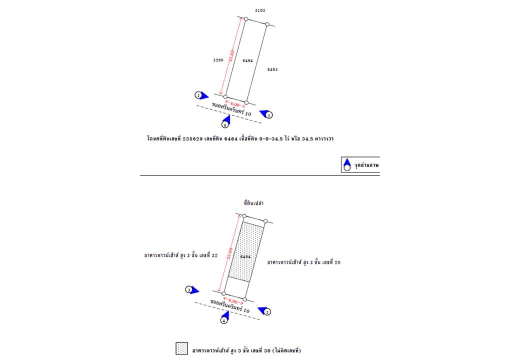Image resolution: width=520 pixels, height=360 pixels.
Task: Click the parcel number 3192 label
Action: [x=259, y=10]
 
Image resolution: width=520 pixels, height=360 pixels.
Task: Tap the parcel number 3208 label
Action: [x=218, y=59]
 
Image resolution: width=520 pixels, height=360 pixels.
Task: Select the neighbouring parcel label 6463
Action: [x=272, y=69]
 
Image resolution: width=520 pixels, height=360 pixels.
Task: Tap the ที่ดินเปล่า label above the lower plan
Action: [x=254, y=203]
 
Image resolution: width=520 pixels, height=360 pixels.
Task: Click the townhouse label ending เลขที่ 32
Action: [x=180, y=255]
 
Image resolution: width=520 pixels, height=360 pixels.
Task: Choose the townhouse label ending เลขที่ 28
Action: [x=303, y=261]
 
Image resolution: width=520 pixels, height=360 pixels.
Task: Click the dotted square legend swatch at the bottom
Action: [x=182, y=348]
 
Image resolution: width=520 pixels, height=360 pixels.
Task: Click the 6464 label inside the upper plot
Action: [x=247, y=60]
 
